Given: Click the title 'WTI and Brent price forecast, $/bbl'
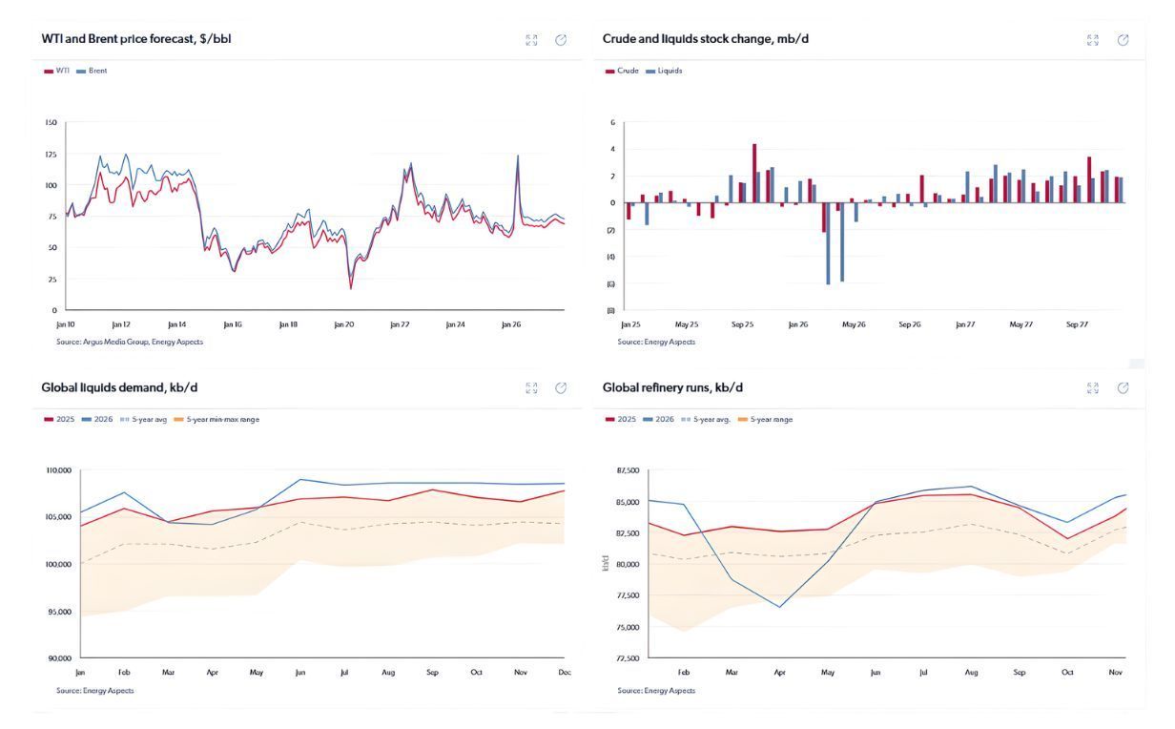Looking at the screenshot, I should pyautogui.click(x=135, y=39).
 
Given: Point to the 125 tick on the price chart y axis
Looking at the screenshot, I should pyautogui.click(x=51, y=154).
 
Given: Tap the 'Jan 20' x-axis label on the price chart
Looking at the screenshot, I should pyautogui.click(x=343, y=324).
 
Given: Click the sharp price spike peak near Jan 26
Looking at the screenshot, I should pyautogui.click(x=518, y=156).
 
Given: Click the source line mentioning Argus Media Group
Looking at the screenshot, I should pyautogui.click(x=129, y=342).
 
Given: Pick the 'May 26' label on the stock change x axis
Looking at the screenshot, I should pyautogui.click(x=854, y=324).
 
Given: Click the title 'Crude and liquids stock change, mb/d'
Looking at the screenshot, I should pyautogui.click(x=706, y=39).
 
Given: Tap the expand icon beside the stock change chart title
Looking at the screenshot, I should pyautogui.click(x=1093, y=40).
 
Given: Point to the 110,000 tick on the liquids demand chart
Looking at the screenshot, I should pyautogui.click(x=58, y=470).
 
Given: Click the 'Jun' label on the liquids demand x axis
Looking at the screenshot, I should pyautogui.click(x=299, y=673).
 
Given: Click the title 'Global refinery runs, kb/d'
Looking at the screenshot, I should pyautogui.click(x=672, y=387).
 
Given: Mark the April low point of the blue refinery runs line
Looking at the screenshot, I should pyautogui.click(x=780, y=607).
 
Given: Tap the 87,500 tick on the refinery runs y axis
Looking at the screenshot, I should pyautogui.click(x=627, y=470).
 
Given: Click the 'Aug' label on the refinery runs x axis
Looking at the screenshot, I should pyautogui.click(x=971, y=673).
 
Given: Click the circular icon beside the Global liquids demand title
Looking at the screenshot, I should pyautogui.click(x=561, y=388).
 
